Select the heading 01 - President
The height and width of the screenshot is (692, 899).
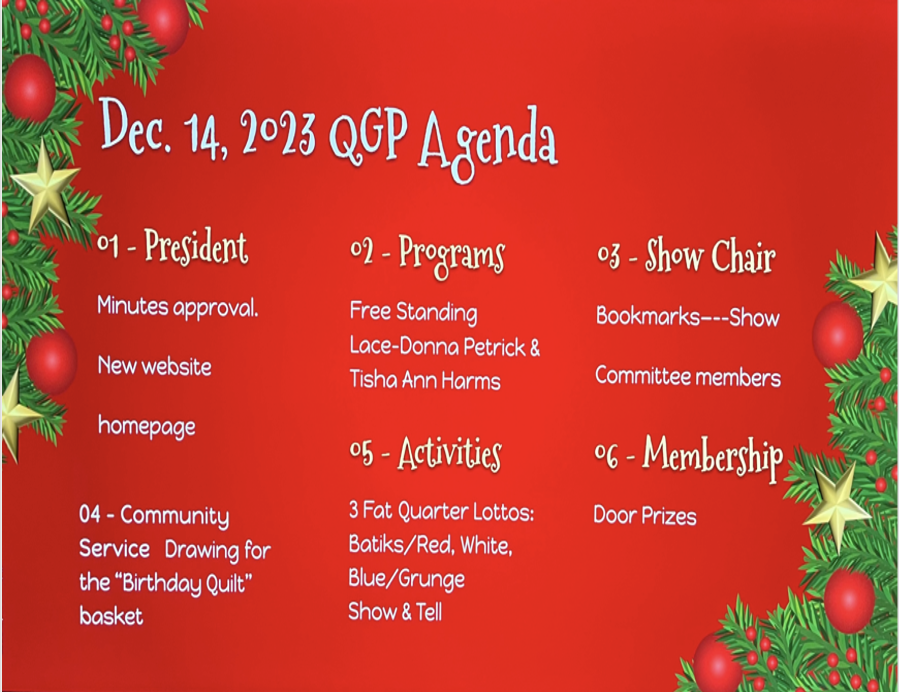click(x=172, y=247)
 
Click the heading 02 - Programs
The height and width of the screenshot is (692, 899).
click(x=427, y=256)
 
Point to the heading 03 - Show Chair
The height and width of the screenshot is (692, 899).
click(x=686, y=256)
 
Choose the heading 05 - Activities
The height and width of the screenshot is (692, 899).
click(x=425, y=454)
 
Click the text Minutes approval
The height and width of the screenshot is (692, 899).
click(x=177, y=307)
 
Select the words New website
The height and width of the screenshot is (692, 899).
click(x=154, y=366)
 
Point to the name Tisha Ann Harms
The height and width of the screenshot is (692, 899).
click(x=425, y=380)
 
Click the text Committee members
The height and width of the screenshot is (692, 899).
click(x=688, y=377)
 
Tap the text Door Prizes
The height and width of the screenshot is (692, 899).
click(x=645, y=515)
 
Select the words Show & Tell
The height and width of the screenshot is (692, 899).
click(x=395, y=612)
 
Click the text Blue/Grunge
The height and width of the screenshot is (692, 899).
click(x=406, y=579)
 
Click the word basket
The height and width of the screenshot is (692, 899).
click(x=111, y=616)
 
